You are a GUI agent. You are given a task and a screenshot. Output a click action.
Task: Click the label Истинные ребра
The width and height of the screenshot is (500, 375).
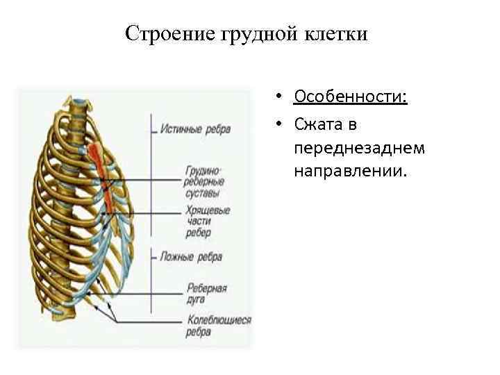click(195, 129)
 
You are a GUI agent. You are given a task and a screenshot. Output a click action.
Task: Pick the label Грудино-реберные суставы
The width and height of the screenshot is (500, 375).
click(203, 181)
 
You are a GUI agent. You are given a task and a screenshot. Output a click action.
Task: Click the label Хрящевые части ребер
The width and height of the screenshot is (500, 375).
click(207, 222)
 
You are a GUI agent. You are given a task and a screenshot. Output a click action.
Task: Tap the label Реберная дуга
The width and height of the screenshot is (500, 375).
click(207, 292)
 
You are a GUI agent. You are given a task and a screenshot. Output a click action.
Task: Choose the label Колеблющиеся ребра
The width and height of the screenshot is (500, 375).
click(217, 325)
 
